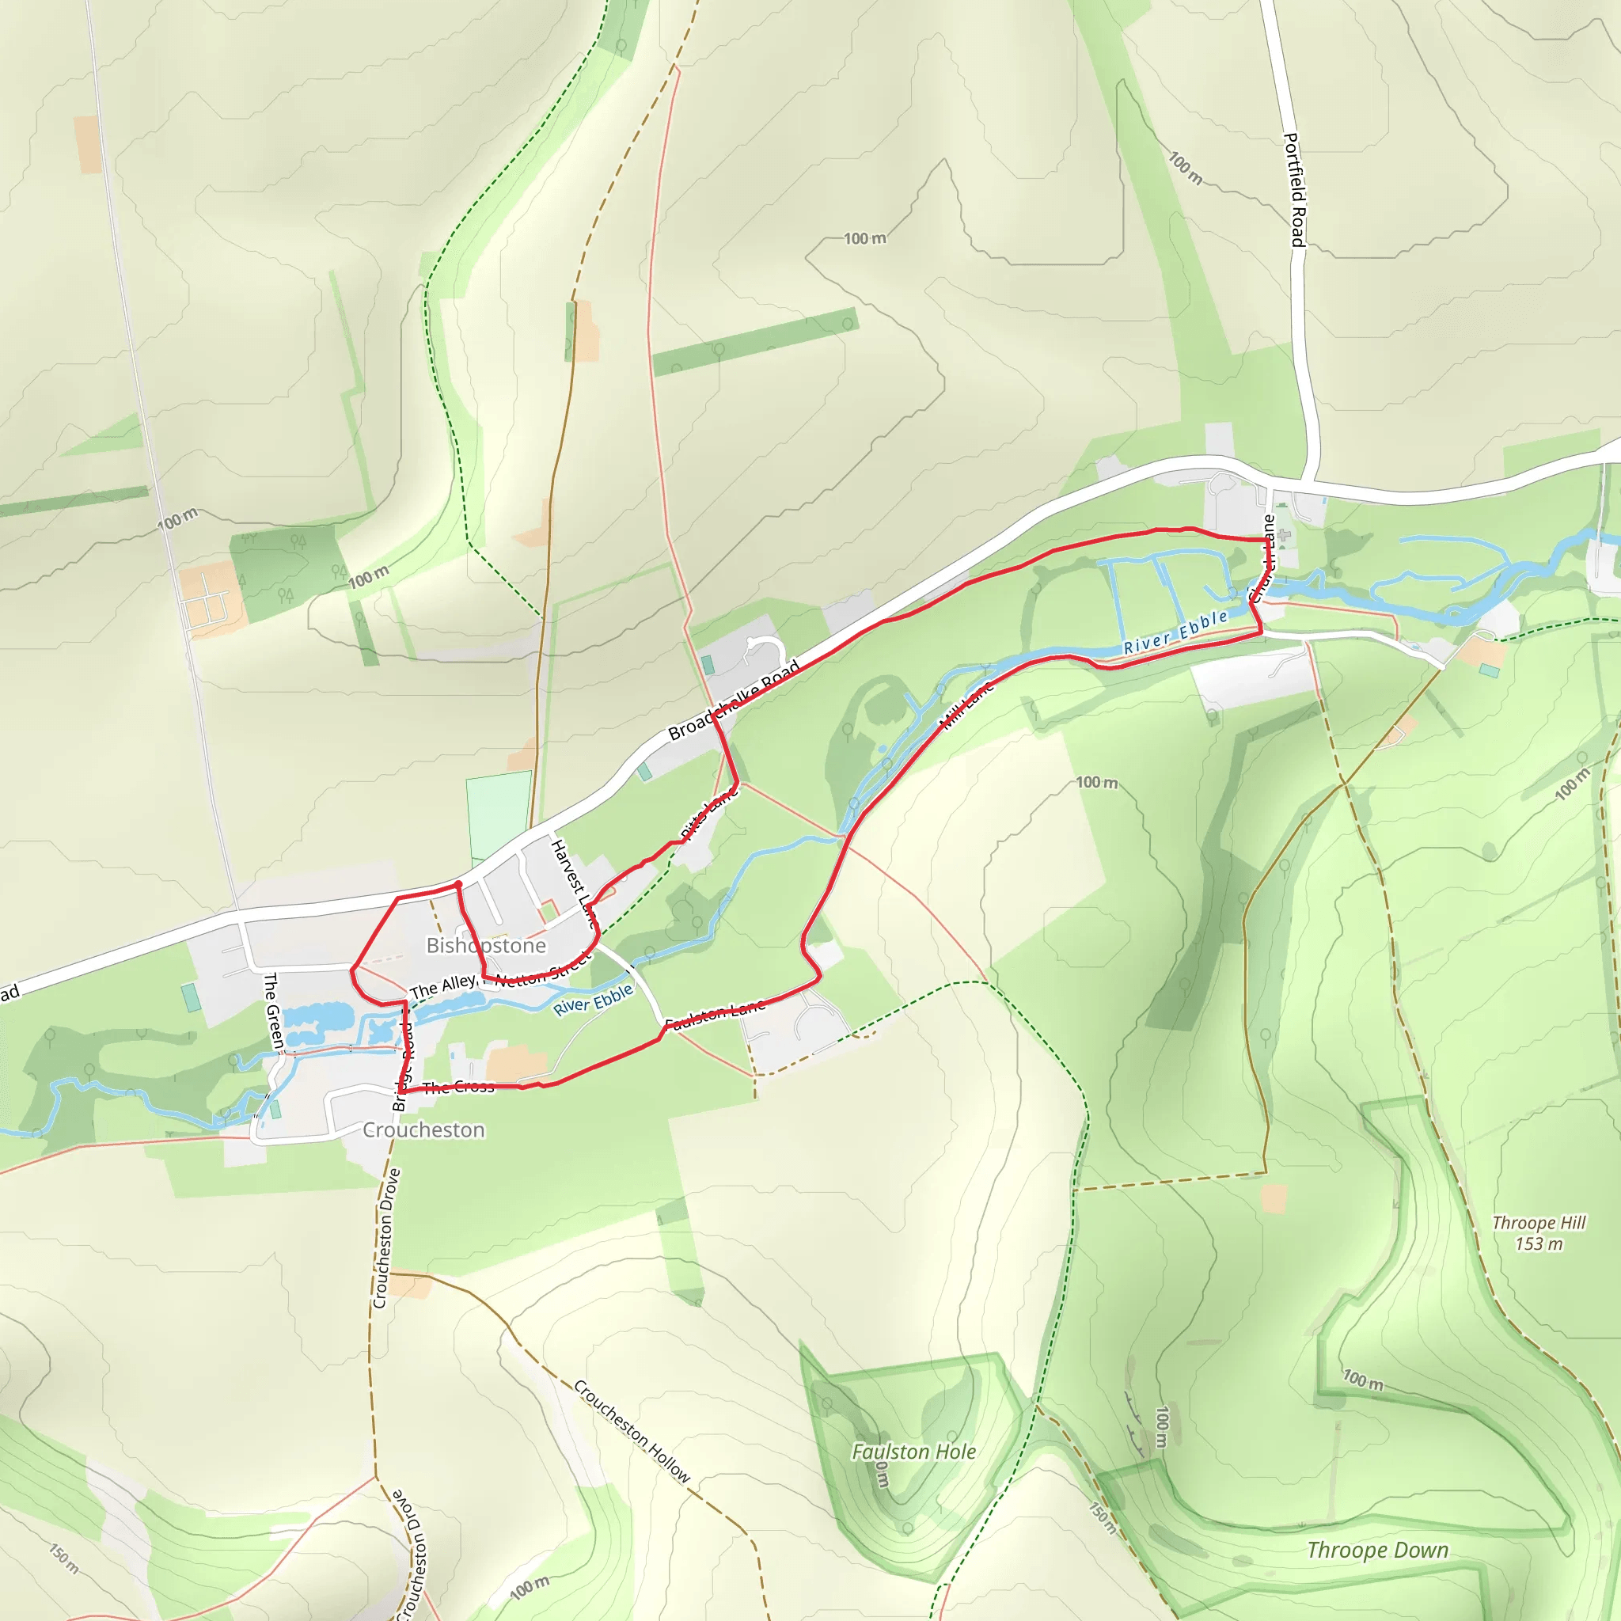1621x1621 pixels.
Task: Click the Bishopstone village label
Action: [x=486, y=946]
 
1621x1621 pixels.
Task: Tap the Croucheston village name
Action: [x=423, y=1130]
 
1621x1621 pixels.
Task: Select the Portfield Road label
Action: [x=1296, y=191]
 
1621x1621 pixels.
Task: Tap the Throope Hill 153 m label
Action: [x=1539, y=1232]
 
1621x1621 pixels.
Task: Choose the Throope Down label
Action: [x=1378, y=1550]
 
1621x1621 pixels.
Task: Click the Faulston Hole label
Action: [x=913, y=1452]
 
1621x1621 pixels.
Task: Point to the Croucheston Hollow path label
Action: [x=632, y=1431]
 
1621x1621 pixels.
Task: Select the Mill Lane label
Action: [x=967, y=704]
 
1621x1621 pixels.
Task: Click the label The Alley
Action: [x=443, y=987]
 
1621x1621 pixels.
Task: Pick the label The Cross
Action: [x=458, y=1088]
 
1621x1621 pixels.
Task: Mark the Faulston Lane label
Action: [x=715, y=1015]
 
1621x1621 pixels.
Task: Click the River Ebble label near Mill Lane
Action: [x=1175, y=632]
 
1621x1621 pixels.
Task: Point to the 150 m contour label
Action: [x=65, y=1558]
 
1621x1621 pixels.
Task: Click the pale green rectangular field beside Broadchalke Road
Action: [x=499, y=815]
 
